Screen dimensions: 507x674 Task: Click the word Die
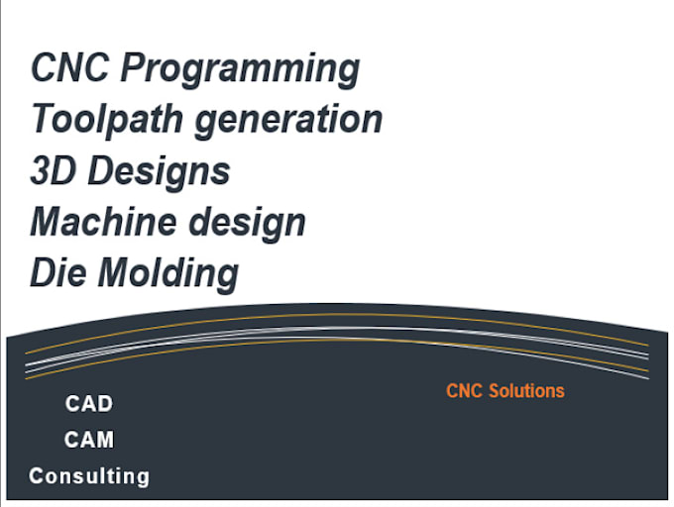56,271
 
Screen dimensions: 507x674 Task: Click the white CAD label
89,404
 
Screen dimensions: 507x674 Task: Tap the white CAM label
89,440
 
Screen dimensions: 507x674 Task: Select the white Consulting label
89,476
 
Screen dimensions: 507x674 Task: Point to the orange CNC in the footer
464,391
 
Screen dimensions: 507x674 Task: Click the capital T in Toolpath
42,119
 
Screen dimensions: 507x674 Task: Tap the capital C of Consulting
37,476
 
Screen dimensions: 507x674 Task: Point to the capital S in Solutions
493,391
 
